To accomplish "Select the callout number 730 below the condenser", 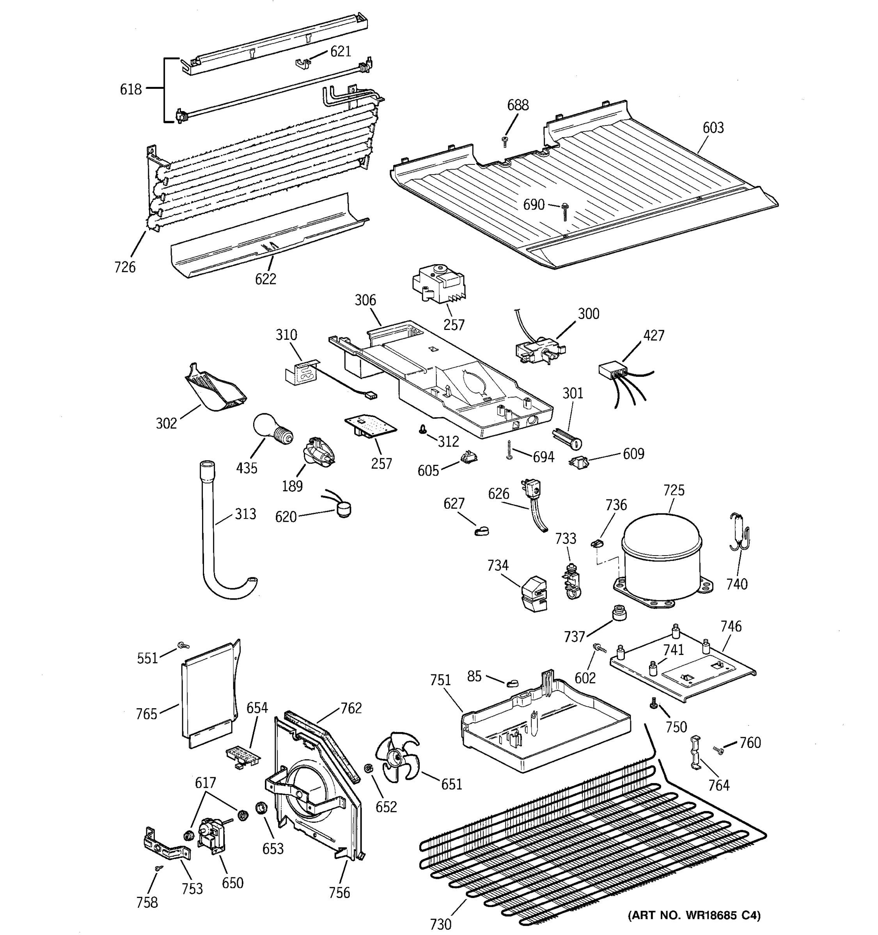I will coord(440,924).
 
